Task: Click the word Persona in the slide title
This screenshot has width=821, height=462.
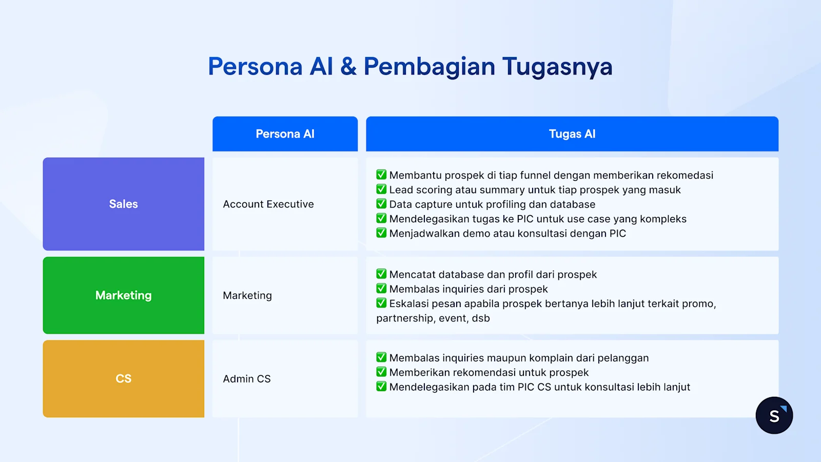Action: click(255, 67)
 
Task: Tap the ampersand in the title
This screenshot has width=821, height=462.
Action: click(348, 67)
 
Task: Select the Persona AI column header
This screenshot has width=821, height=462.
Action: click(285, 134)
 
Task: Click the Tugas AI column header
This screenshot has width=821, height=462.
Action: click(572, 134)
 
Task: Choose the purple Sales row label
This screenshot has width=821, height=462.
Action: click(123, 204)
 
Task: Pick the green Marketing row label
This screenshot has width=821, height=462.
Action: click(123, 295)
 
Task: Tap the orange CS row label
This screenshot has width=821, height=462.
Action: click(123, 378)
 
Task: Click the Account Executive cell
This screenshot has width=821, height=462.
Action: click(268, 204)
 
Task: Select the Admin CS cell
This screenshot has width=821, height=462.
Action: click(247, 379)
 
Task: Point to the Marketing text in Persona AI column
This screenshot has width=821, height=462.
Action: click(247, 296)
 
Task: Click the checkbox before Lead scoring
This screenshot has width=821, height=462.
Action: click(381, 189)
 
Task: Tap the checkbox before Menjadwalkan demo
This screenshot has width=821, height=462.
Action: click(381, 233)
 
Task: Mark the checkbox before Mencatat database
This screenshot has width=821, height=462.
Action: click(381, 274)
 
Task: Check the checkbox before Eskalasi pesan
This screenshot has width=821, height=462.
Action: click(381, 303)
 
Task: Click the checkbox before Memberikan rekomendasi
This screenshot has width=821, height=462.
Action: click(381, 372)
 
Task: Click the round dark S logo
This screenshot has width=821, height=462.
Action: click(774, 415)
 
